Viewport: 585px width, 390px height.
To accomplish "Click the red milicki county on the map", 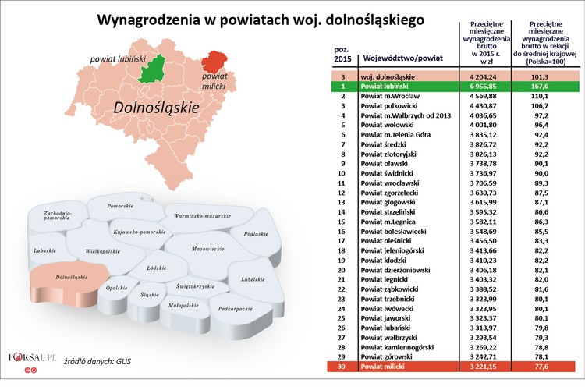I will pos(214,62).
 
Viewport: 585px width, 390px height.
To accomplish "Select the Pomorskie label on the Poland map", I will pos(121,205).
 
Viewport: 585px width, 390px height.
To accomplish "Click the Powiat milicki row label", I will pos(385,367).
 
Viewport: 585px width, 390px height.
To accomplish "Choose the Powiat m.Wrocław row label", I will pos(391,96).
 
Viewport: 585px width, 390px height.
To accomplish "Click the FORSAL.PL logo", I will pos(34,359).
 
